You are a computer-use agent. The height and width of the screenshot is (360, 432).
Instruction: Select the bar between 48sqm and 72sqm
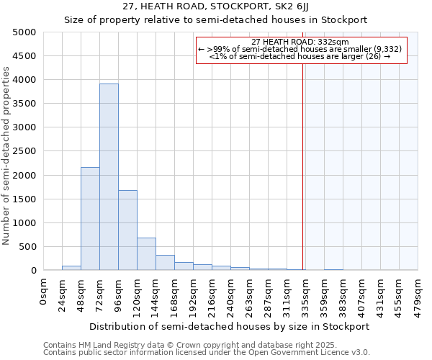[90, 219]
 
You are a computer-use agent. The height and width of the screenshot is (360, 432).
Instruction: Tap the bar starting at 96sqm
[127, 230]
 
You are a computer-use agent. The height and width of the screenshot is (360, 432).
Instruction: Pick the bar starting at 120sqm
[146, 254]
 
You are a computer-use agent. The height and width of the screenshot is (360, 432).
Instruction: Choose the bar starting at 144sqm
[165, 263]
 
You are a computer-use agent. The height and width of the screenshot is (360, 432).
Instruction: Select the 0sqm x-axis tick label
[44, 292]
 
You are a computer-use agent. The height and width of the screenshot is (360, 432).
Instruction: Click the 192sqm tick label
[194, 296]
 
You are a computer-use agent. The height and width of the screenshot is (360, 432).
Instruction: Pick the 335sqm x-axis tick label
[306, 296]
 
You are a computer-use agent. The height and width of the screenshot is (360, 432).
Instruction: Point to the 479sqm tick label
[418, 296]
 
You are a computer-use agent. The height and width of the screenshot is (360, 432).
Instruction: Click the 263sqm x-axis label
[250, 296]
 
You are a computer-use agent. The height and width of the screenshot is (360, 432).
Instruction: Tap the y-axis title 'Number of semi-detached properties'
[6, 156]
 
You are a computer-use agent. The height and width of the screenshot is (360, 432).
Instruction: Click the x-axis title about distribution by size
[230, 326]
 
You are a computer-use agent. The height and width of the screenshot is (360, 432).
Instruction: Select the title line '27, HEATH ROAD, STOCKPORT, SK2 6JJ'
[215, 6]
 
